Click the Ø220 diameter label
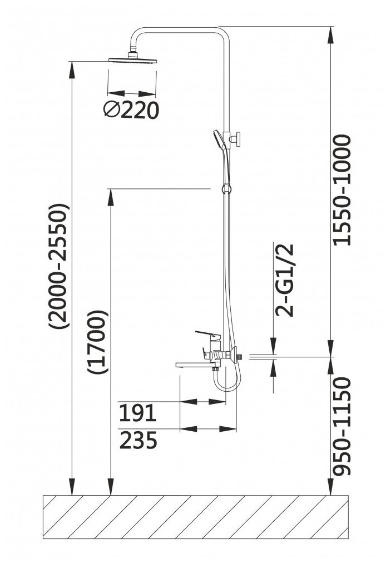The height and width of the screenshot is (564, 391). coord(131,111)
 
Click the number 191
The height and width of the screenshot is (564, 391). coord(138,413)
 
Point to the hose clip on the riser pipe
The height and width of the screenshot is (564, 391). coord(225,187)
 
